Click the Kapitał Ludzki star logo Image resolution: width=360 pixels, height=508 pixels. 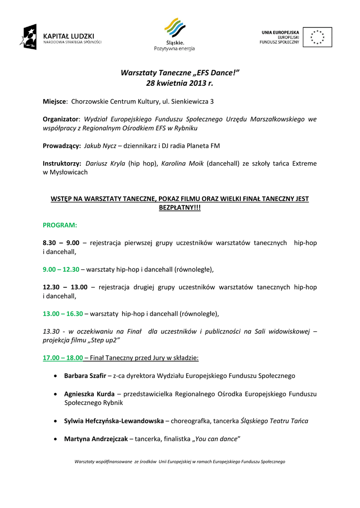28,37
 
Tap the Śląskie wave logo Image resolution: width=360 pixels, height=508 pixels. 174,28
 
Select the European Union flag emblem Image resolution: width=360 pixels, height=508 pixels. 317,37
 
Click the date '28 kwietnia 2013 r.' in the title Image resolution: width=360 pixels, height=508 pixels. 180,83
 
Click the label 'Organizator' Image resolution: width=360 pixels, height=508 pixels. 61,120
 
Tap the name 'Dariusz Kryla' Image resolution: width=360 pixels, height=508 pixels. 105,163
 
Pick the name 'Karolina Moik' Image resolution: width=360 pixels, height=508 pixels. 182,163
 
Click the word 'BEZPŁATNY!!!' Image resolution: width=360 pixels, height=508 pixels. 180,207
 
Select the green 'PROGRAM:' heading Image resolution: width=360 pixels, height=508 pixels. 60,225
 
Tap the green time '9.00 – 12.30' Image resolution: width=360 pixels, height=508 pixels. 61,269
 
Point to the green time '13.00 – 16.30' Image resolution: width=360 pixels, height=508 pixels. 63,314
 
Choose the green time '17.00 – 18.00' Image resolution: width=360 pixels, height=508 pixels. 63,357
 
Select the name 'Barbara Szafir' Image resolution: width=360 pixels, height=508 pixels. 85,376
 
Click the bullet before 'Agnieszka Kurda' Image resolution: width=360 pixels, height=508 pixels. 55,394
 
